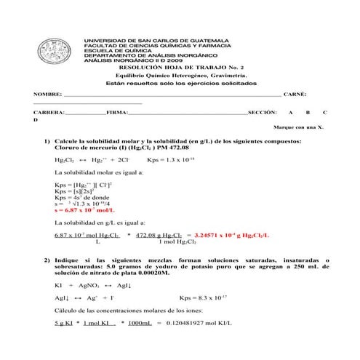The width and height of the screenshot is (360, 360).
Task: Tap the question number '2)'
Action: pyautogui.click(x=47, y=260)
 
